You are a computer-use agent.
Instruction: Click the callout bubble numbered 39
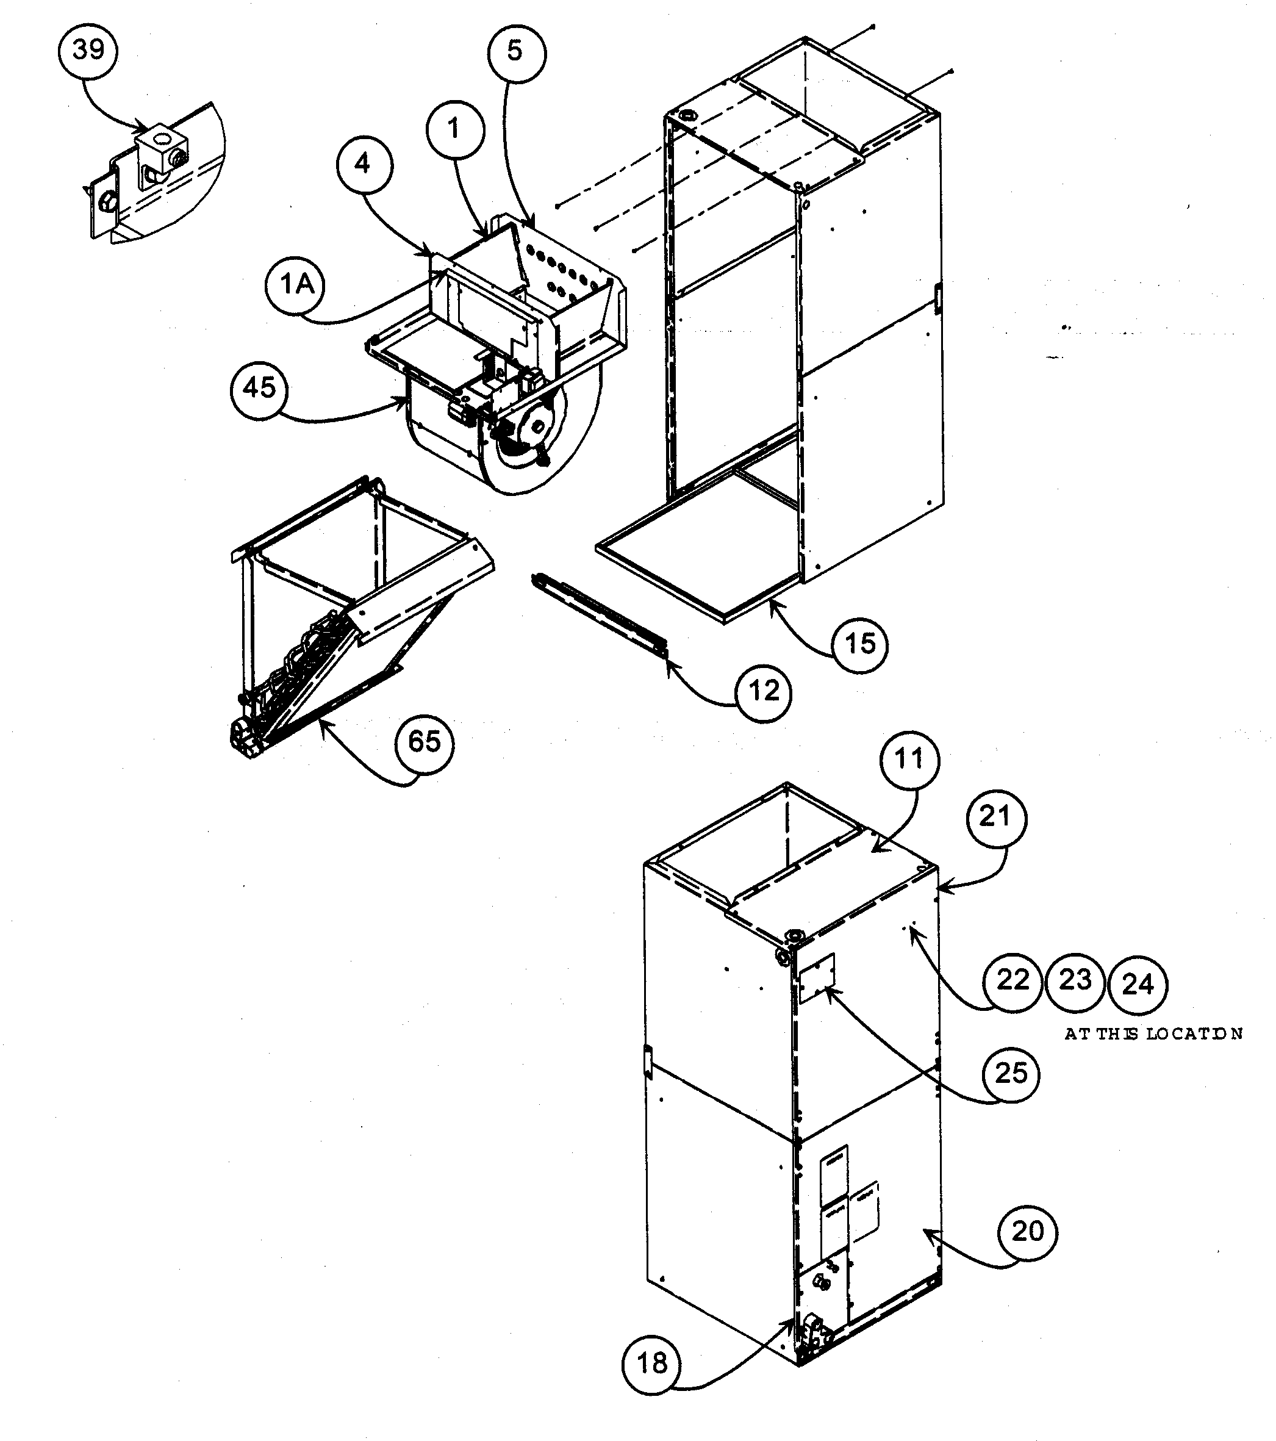pos(88,50)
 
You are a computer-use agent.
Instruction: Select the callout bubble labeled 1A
pos(295,284)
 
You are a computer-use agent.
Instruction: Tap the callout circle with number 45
pos(259,388)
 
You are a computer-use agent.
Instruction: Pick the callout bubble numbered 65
pos(425,742)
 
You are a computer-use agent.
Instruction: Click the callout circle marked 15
pos(859,644)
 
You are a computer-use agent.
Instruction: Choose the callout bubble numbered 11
pos(909,760)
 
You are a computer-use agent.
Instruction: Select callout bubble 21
pos(996,816)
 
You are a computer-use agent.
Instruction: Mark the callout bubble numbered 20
pos(1027,1231)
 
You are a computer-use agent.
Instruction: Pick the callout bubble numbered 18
pos(651,1364)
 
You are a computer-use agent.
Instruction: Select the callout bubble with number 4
pos(363,164)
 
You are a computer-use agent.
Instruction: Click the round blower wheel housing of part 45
pos(522,451)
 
